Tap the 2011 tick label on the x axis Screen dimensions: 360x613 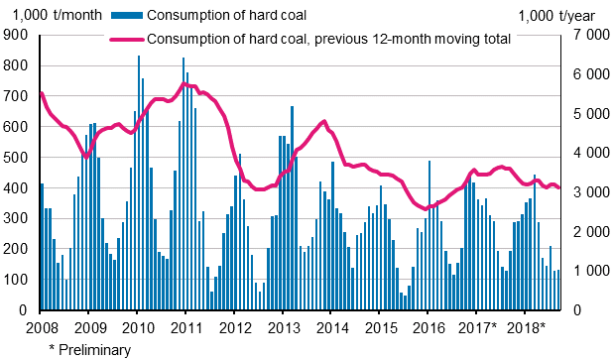(x=184, y=328)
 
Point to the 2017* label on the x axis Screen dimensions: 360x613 (x=477, y=328)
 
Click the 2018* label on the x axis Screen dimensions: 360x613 (x=526, y=328)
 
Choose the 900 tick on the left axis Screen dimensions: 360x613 (x=18, y=35)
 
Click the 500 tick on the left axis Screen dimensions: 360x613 (x=18, y=158)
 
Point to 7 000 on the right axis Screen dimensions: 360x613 (x=585, y=35)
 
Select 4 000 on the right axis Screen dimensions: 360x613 (x=585, y=153)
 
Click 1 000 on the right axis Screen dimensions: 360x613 (x=585, y=271)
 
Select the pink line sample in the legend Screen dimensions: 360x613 (x=126, y=40)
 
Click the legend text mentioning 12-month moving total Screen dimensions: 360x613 (x=327, y=40)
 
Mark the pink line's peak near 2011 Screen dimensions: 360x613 (x=184, y=83)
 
